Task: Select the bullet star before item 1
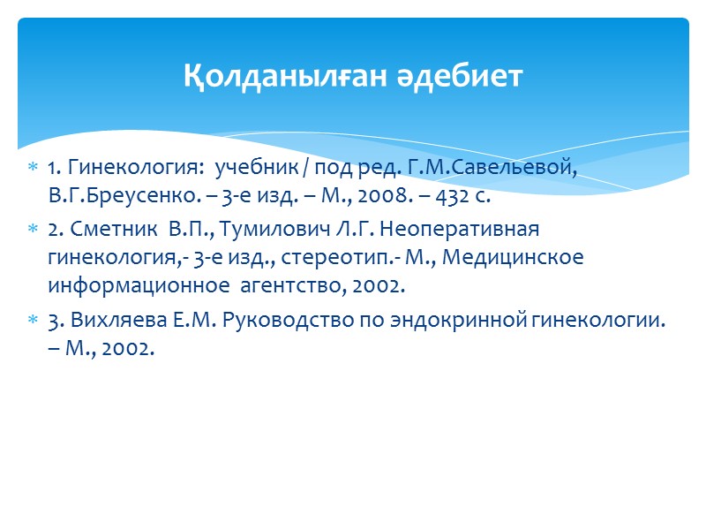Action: (x=33, y=168)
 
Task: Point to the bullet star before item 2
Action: (x=33, y=230)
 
